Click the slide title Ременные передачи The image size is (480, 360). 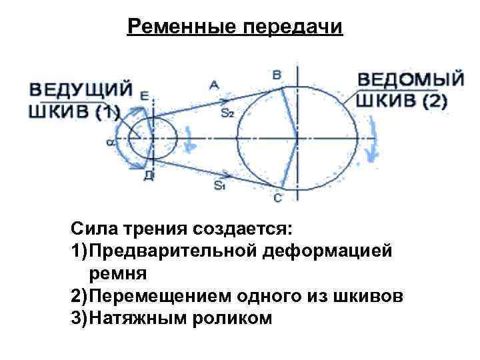235,27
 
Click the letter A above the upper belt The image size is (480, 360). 215,84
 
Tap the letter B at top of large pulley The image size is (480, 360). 277,75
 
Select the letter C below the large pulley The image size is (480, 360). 278,198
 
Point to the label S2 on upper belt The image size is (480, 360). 227,113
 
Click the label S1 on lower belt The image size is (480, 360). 219,186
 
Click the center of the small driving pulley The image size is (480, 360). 153,139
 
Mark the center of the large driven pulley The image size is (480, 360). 293,139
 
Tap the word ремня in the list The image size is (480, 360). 113,273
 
